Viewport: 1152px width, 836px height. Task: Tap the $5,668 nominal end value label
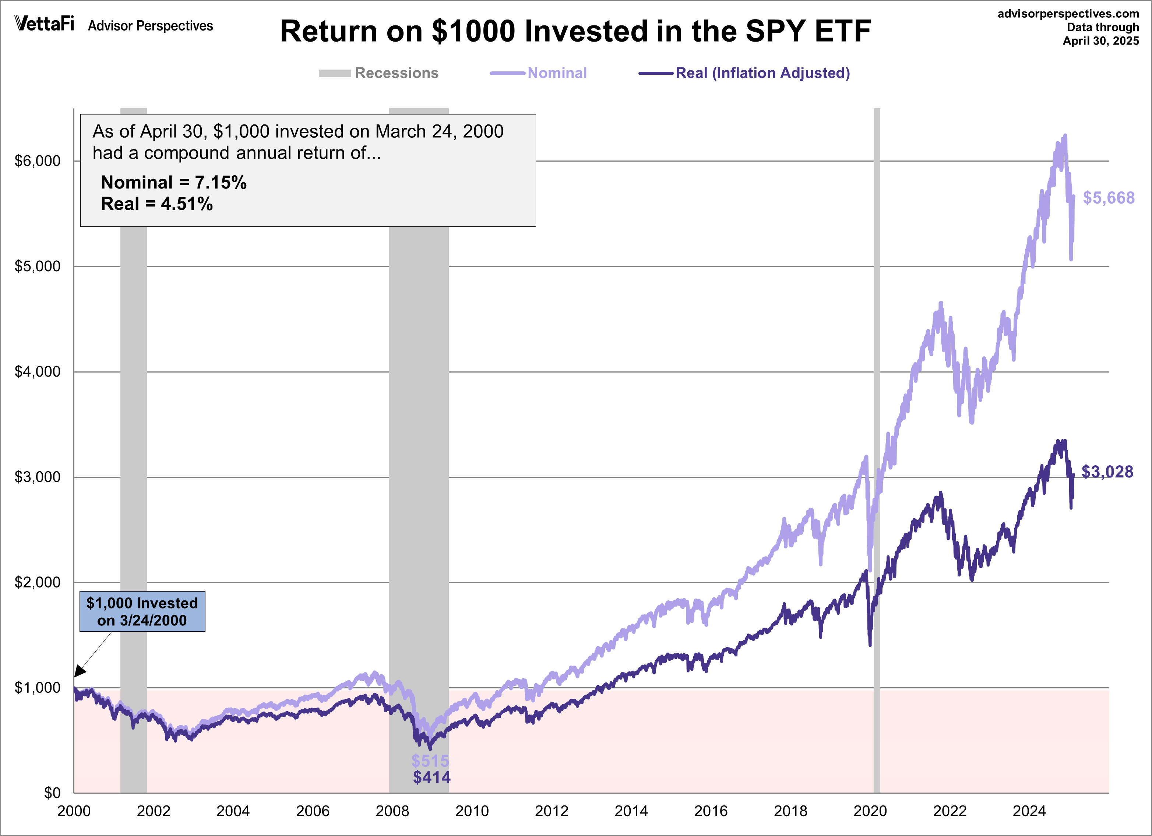click(x=1108, y=198)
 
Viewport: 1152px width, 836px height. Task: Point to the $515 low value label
click(x=430, y=760)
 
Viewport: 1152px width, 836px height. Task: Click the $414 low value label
click(x=431, y=777)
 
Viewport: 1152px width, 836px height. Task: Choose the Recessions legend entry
click(x=378, y=73)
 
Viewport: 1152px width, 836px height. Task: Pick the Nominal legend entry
click(x=538, y=73)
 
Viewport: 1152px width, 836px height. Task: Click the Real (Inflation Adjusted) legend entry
click(x=744, y=73)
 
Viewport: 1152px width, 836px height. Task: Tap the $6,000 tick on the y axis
click(x=37, y=161)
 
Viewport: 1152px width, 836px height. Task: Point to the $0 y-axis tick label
click(x=52, y=793)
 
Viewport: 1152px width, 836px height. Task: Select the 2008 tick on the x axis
click(x=392, y=811)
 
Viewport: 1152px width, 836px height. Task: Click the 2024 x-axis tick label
click(x=1029, y=811)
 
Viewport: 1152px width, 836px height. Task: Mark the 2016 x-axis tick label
click(x=711, y=811)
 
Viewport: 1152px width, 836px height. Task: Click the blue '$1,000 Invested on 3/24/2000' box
click(x=142, y=611)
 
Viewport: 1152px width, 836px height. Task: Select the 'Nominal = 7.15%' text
click(x=174, y=182)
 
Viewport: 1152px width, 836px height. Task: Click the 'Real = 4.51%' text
click(x=156, y=204)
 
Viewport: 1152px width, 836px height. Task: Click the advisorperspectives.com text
click(x=1068, y=14)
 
